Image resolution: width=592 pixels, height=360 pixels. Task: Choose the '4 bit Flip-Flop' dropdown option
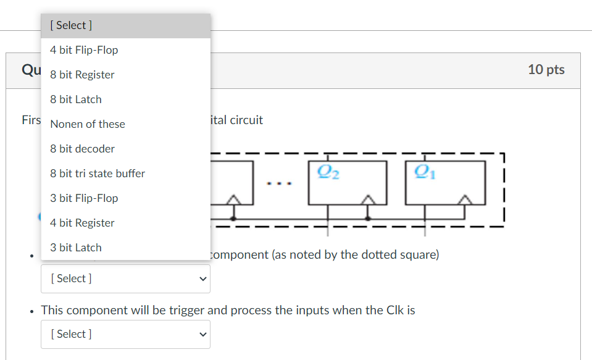pyautogui.click(x=85, y=50)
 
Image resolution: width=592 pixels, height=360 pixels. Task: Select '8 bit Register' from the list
pyautogui.click(x=83, y=75)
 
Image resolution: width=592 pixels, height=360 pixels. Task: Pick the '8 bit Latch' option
pyautogui.click(x=76, y=99)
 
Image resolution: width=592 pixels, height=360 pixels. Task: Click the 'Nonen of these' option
pyautogui.click(x=88, y=124)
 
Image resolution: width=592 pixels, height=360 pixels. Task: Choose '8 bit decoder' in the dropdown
pyautogui.click(x=83, y=149)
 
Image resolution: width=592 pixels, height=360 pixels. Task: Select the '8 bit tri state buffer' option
pyautogui.click(x=98, y=174)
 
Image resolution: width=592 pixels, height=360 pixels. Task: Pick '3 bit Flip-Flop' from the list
pyautogui.click(x=85, y=198)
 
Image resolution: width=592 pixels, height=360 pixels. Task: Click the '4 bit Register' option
pyautogui.click(x=83, y=223)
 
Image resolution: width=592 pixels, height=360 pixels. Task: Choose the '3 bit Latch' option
pyautogui.click(x=76, y=248)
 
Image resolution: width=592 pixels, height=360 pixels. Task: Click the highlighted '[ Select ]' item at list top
pyautogui.click(x=72, y=25)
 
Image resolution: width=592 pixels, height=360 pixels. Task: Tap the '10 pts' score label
pyautogui.click(x=546, y=69)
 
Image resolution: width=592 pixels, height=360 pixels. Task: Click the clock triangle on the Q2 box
pyautogui.click(x=369, y=199)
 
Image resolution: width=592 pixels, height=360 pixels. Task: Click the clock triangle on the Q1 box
pyautogui.click(x=466, y=199)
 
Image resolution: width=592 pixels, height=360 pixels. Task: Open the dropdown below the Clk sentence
pyautogui.click(x=126, y=334)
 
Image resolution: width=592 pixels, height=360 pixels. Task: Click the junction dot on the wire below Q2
pyautogui.click(x=369, y=218)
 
